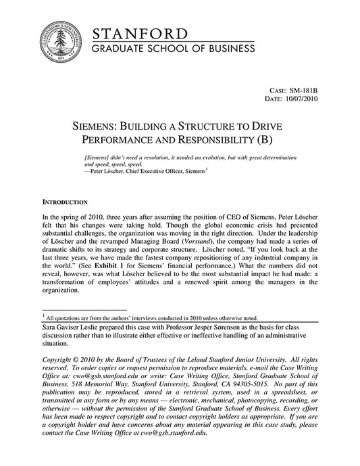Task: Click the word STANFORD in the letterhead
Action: [140, 34]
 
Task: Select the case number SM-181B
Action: [303, 89]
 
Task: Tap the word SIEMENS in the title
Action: [97, 126]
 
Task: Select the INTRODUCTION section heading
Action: [65, 202]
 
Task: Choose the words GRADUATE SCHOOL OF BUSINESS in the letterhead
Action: [174, 49]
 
